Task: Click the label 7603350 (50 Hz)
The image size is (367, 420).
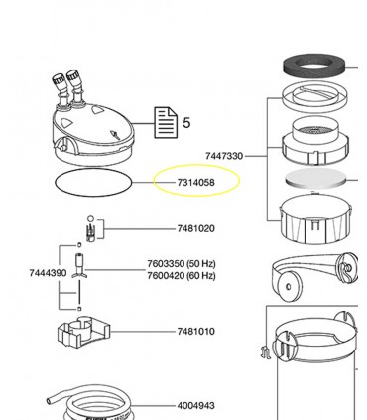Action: click(x=181, y=265)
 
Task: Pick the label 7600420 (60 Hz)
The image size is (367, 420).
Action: click(x=181, y=276)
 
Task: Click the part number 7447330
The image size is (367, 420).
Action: click(x=225, y=156)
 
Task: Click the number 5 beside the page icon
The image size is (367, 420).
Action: click(x=186, y=125)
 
